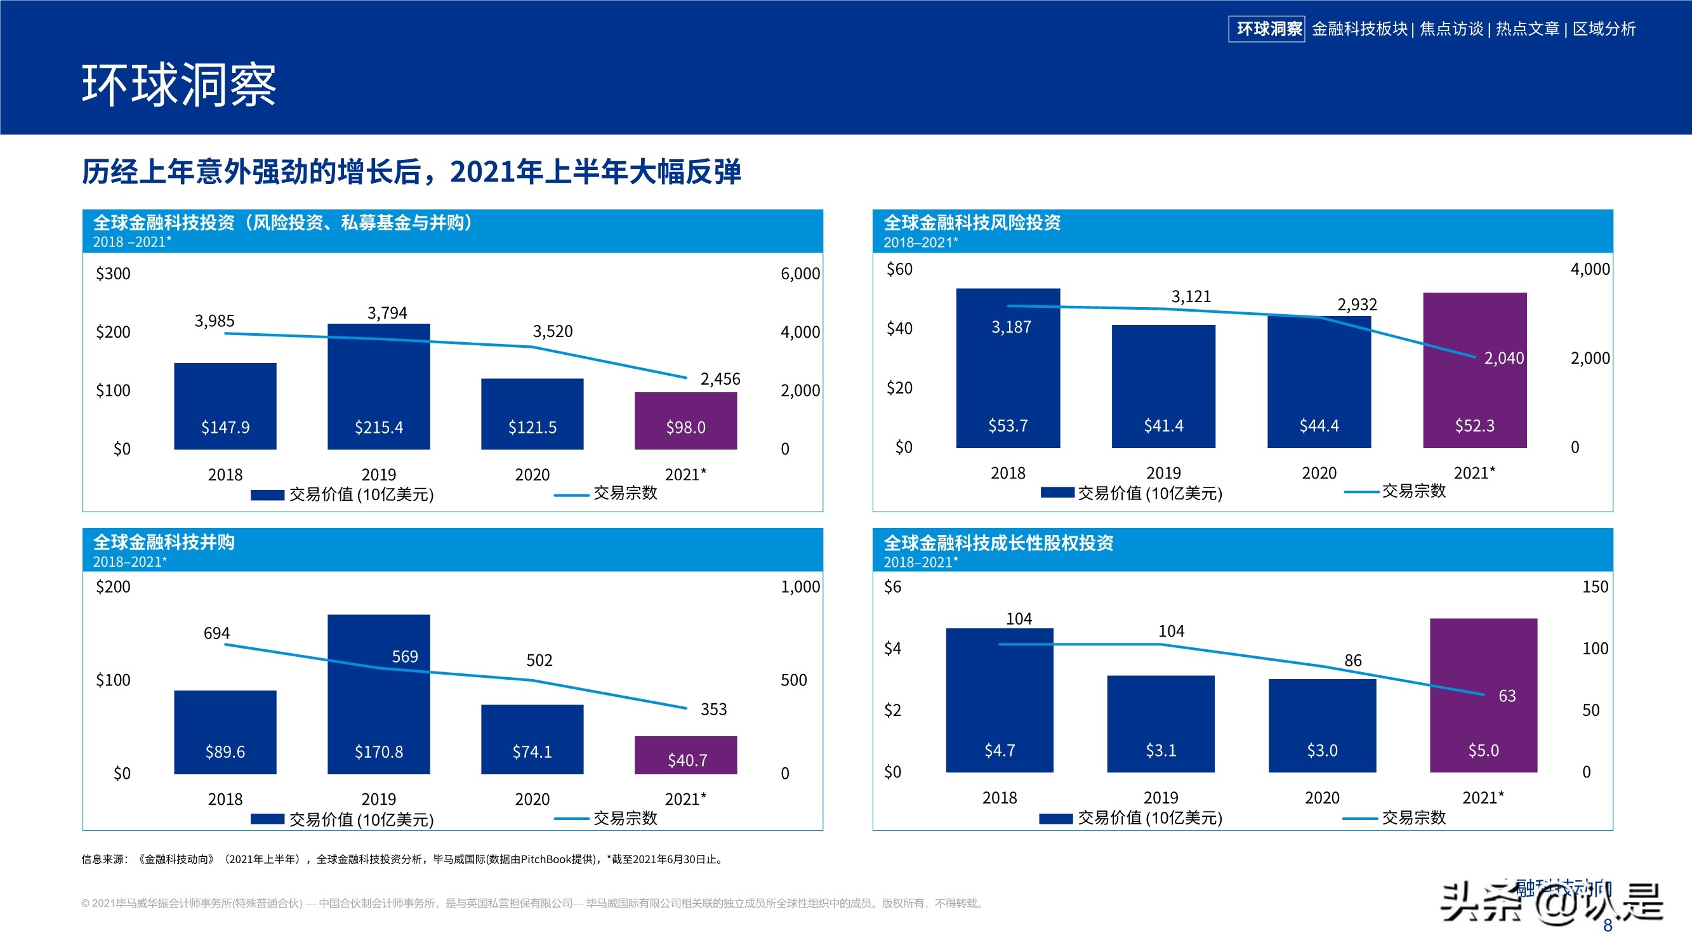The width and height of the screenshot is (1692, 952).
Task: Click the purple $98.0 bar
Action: tap(685, 421)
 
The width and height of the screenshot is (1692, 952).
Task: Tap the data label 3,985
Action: tap(214, 321)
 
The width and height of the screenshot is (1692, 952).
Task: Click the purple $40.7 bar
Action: tap(685, 755)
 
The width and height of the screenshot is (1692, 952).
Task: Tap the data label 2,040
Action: tap(1504, 358)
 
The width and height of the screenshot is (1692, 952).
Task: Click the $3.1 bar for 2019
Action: tap(1160, 724)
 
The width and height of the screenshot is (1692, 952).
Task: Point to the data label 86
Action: tap(1352, 660)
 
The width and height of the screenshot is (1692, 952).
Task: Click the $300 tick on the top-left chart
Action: tap(113, 274)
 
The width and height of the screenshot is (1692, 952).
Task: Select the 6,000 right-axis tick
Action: tap(800, 274)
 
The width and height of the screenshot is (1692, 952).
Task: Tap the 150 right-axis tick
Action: tap(1595, 586)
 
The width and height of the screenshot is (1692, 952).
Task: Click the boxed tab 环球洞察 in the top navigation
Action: tap(1266, 29)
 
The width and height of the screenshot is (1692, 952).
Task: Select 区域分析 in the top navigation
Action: tap(1603, 29)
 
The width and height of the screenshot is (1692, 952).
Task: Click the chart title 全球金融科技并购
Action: tap(164, 542)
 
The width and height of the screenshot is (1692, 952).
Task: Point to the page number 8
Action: tap(1607, 926)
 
